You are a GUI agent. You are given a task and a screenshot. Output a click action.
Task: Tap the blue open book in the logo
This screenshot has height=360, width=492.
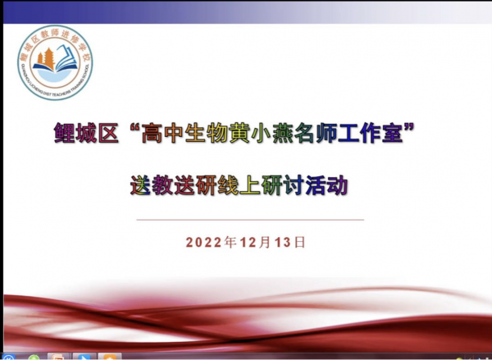55,76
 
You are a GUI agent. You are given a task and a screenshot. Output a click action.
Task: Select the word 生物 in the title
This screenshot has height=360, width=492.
209,134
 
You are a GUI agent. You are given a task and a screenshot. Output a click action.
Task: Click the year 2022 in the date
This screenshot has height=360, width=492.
204,243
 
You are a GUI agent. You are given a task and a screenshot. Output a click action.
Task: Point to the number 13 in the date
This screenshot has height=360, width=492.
283,243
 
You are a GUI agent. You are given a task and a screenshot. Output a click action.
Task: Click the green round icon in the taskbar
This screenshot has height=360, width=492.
32,357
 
